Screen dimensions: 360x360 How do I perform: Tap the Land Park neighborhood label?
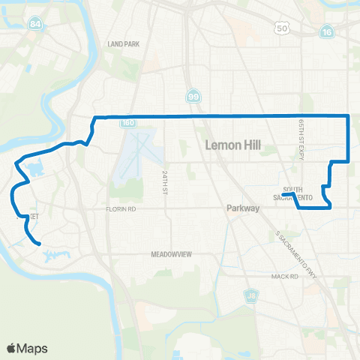tap(124, 44)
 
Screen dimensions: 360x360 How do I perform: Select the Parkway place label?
tap(242, 209)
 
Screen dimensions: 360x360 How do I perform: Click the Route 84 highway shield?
tap(36, 25)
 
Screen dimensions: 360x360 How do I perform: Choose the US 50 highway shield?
tap(282, 28)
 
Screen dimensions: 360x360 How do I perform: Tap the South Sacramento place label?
tap(297, 193)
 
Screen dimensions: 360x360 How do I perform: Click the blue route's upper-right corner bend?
tap(349, 115)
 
